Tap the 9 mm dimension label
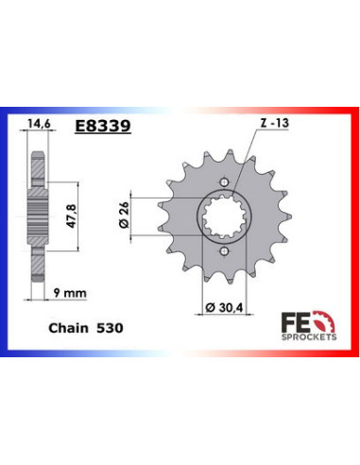click(67, 294)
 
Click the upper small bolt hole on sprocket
click(225, 182)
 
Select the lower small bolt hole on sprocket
click(225, 251)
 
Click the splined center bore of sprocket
click(225, 217)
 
